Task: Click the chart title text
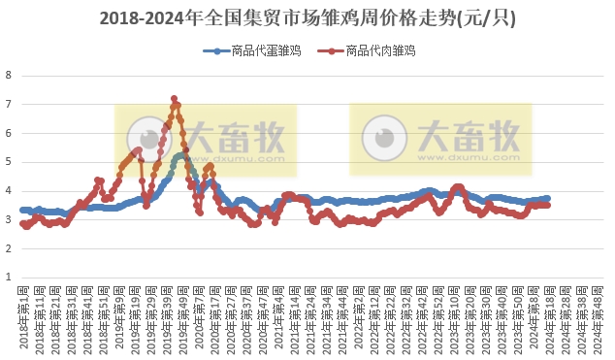[307, 18]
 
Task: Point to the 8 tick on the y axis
[9, 76]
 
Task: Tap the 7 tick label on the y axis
[9, 104]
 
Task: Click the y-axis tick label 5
[9, 162]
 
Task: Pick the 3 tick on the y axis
[9, 220]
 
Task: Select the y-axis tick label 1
[9, 278]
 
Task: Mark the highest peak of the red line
[174, 98]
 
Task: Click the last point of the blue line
[548, 198]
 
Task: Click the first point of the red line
[22, 223]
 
